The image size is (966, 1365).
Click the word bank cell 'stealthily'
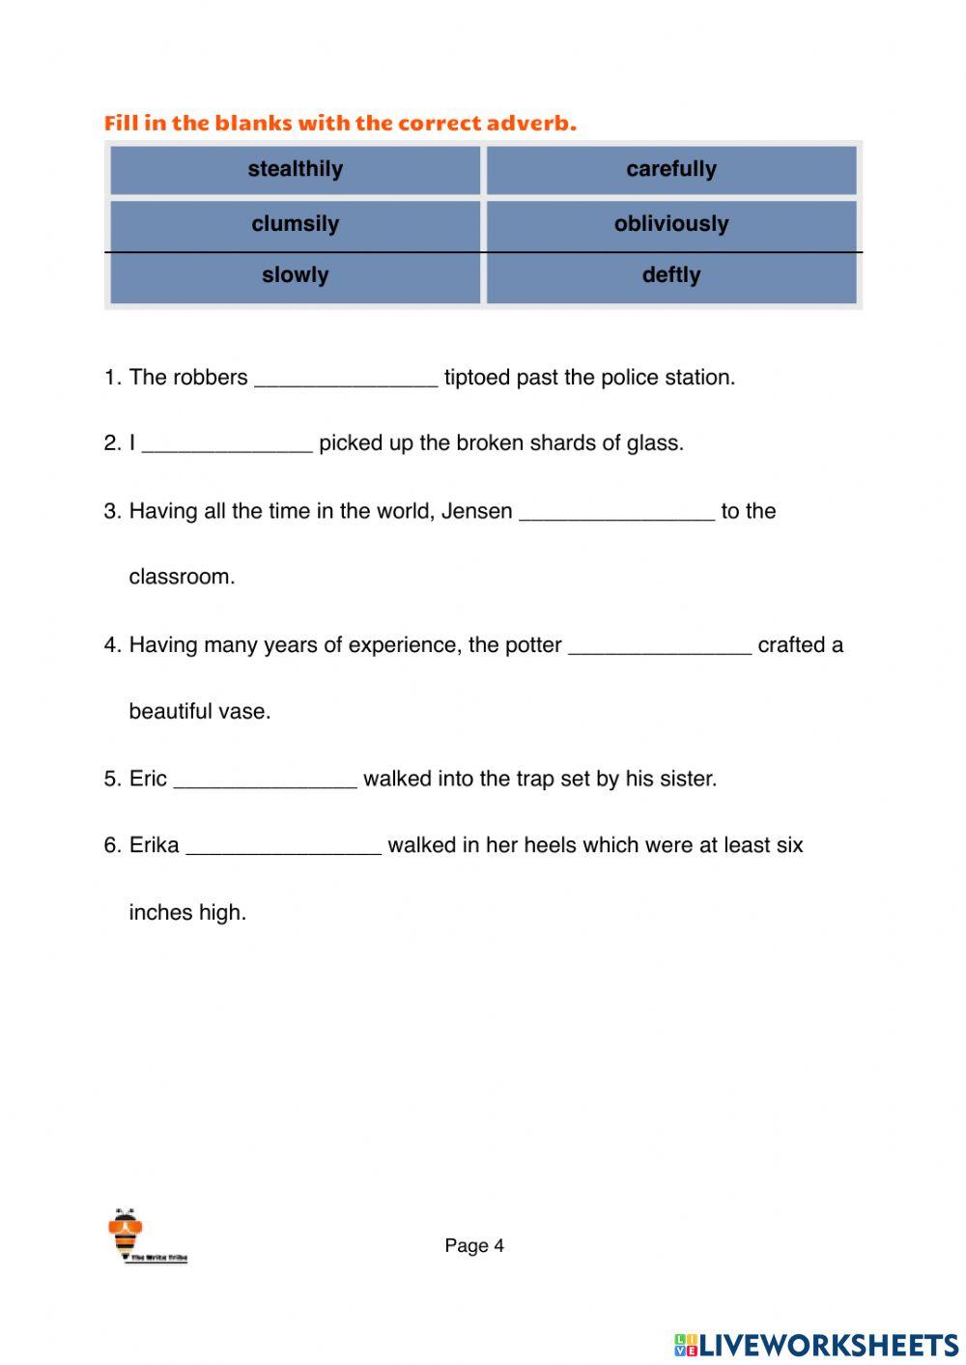click(x=295, y=170)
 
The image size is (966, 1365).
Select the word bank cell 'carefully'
click(x=670, y=170)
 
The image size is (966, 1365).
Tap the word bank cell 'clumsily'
click(x=295, y=224)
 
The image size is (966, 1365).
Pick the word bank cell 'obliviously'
click(x=670, y=224)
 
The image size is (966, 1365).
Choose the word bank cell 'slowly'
click(x=295, y=276)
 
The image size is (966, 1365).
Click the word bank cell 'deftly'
click(x=670, y=276)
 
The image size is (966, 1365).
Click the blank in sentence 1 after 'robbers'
click(x=345, y=379)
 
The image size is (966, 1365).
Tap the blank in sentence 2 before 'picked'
click(x=227, y=444)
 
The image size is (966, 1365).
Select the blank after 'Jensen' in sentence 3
click(x=616, y=512)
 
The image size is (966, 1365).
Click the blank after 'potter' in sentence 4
click(x=660, y=646)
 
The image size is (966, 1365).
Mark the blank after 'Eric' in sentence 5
click(x=265, y=780)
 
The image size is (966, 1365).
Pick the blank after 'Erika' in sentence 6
click(x=283, y=846)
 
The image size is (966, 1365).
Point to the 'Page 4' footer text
click(x=474, y=1246)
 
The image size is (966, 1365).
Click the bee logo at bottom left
click(x=127, y=1234)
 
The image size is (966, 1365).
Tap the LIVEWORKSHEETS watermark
click(x=816, y=1344)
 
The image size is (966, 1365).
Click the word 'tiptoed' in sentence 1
click(x=476, y=378)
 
